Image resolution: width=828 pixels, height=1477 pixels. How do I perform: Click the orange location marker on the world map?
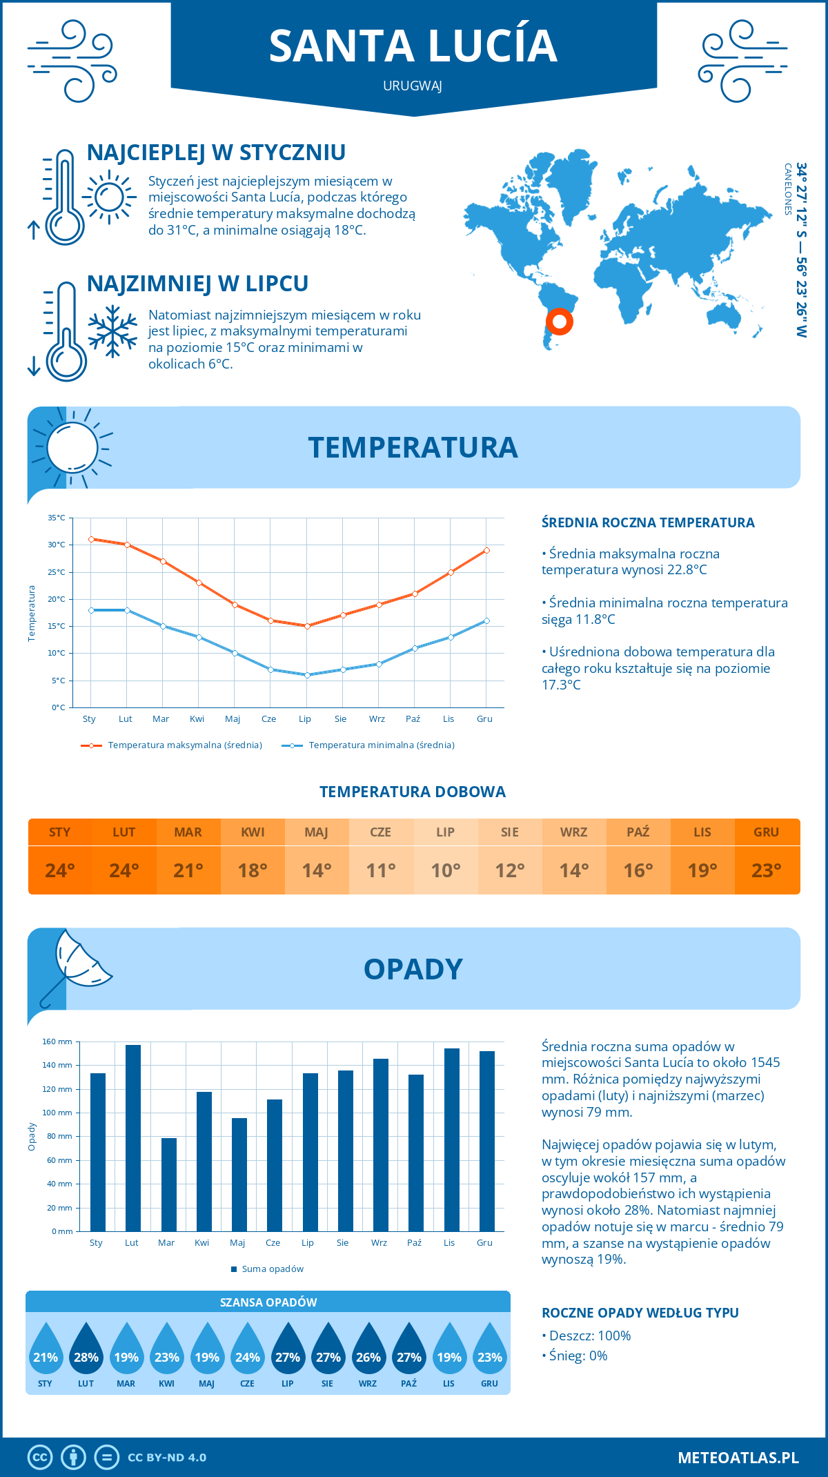coord(560,321)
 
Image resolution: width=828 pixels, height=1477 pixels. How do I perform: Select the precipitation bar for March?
coord(168,1184)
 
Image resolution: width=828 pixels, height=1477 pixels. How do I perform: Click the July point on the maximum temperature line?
coord(307,626)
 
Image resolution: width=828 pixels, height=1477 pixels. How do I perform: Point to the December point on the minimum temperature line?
coord(486,620)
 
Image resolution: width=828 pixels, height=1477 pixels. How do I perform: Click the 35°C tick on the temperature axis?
coord(57,518)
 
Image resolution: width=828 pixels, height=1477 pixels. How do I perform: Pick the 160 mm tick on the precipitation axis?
coord(58,1041)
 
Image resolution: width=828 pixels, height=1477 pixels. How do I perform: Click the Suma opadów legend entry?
coord(272,1269)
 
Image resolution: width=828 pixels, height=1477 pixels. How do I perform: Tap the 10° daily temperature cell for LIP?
coord(445,870)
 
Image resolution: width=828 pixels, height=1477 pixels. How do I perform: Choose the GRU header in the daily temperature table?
coord(766,832)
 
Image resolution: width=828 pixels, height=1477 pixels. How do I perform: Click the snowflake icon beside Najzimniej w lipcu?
coord(112,331)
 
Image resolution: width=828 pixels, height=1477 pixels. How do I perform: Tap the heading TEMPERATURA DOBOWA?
coord(413,792)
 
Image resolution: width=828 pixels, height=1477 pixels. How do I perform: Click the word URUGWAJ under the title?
coord(413,86)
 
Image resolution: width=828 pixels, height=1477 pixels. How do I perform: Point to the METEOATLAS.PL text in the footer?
coord(738,1457)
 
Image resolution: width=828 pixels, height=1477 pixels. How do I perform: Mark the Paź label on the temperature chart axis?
coord(413,719)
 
